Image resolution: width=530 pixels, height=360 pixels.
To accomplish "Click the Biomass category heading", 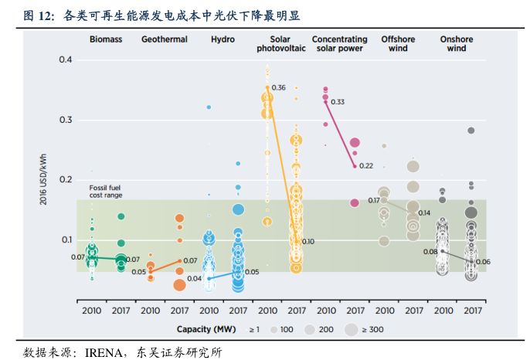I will [105, 39].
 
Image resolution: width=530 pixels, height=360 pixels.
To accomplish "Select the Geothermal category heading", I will [164, 39].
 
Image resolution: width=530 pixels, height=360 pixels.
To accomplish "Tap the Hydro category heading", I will [223, 39].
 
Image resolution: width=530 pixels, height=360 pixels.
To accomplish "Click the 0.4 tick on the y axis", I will [66, 60].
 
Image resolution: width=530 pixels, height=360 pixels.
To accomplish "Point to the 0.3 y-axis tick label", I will [66, 121].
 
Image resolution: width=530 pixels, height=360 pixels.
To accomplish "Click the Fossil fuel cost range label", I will [105, 191].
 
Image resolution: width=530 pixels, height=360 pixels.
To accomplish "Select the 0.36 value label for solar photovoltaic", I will [279, 87].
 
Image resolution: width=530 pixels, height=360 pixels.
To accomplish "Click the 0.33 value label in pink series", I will [338, 102].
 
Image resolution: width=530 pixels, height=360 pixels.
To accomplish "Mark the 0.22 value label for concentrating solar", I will [365, 166].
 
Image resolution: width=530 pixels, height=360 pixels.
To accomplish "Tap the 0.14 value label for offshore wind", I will [424, 212].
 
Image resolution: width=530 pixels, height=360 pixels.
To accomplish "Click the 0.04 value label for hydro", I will [194, 278].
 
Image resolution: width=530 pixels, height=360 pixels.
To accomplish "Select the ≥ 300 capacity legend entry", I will [367, 329].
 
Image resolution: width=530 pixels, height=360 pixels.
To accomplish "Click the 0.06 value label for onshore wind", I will [483, 262].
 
